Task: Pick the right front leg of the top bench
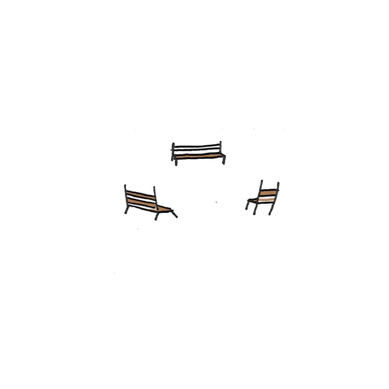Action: [224, 160]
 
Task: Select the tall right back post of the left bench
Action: [156, 198]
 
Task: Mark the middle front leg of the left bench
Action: [157, 217]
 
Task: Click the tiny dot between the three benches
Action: [216, 202]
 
